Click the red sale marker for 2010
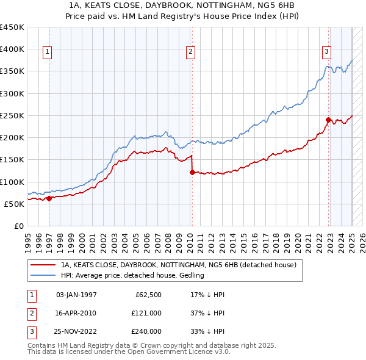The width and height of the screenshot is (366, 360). coord(192,173)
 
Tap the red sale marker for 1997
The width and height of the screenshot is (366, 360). coord(49,198)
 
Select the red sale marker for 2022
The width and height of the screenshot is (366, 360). coord(329,120)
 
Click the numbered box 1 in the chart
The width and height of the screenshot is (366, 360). coord(47,52)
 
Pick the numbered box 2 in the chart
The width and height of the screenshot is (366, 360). coord(190,52)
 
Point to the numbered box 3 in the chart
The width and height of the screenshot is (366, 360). coord(327,52)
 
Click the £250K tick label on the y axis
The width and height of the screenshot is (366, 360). coord(12,115)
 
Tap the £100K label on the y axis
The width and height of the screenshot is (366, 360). coord(12,182)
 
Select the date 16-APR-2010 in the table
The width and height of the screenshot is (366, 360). coord(76,313)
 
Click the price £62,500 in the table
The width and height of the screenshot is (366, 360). coord(147,295)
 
